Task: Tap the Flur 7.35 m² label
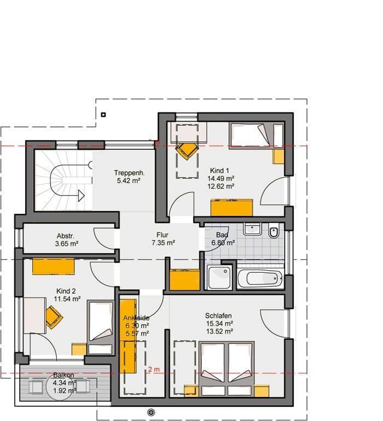(163, 239)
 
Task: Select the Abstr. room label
(65, 236)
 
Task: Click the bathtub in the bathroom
(260, 278)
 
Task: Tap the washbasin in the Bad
(252, 229)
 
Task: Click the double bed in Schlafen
(227, 369)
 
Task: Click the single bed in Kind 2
(100, 328)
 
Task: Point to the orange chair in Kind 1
(187, 151)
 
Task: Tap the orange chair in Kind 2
(54, 317)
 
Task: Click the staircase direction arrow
(82, 196)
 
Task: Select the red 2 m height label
(154, 370)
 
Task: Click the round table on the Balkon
(60, 387)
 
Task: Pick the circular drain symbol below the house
(151, 412)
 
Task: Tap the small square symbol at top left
(103, 115)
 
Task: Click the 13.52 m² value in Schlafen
(219, 331)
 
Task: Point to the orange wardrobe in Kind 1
(231, 208)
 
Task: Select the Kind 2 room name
(66, 291)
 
